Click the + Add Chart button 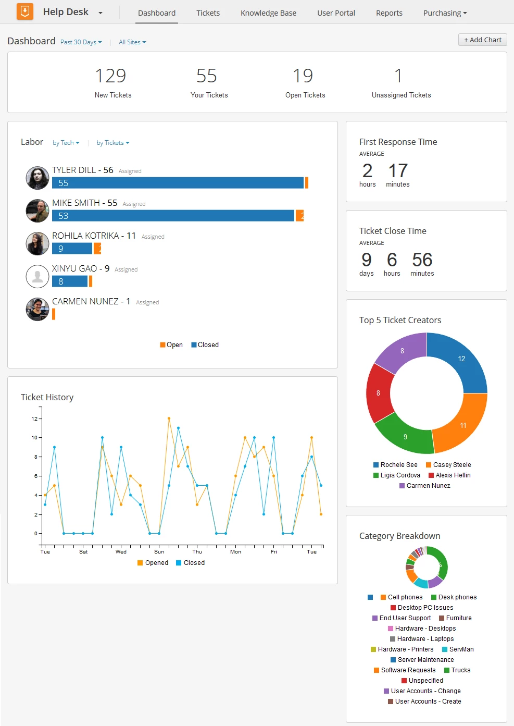[482, 40]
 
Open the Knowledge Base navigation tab [268, 13]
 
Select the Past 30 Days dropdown [81, 42]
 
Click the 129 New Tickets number [110, 76]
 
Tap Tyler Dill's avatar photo [37, 178]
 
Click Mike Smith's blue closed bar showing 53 [173, 216]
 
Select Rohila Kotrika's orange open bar [97, 249]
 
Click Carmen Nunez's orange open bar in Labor [54, 314]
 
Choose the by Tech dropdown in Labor [66, 143]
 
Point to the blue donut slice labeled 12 [461, 359]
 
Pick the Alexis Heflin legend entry [449, 475]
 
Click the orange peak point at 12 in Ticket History [169, 419]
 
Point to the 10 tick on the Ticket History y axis [35, 438]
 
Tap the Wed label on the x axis [121, 551]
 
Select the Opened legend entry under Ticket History [153, 563]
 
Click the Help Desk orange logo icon [25, 11]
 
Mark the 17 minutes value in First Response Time [398, 175]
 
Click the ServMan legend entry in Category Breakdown [458, 649]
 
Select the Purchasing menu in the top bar [445, 13]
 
